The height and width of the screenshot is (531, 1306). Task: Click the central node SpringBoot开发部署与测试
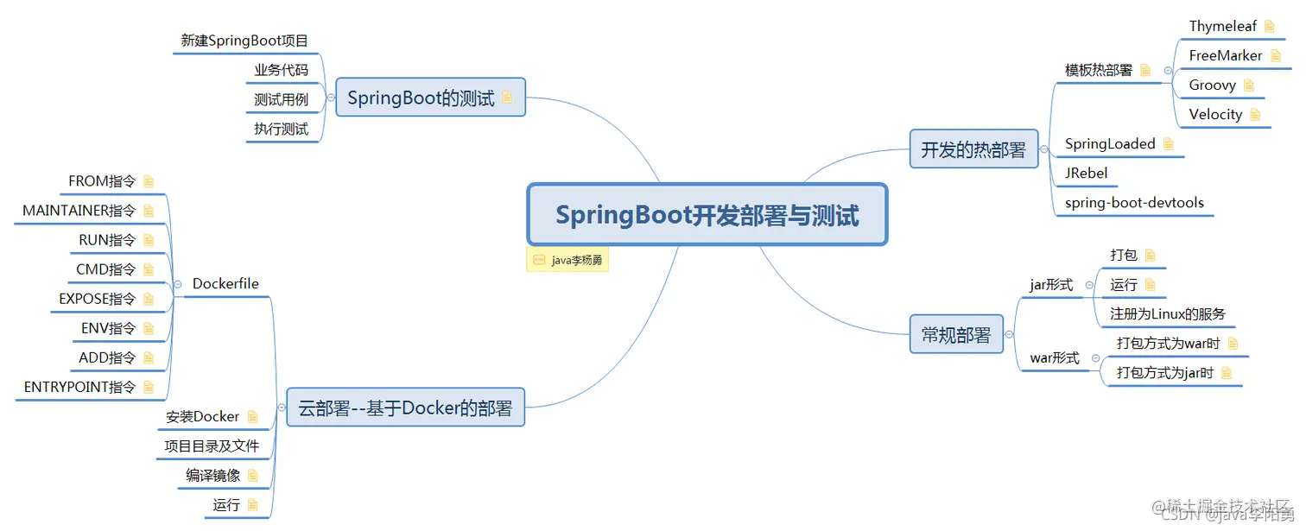[x=707, y=214]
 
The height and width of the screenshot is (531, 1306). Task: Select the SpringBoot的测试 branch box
[x=430, y=98]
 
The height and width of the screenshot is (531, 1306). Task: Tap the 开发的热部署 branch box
[x=973, y=149]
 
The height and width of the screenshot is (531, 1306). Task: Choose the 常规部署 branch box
[x=956, y=334]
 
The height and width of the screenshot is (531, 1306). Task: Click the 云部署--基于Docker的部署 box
[x=405, y=408]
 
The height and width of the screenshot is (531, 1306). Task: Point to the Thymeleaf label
[x=1222, y=26]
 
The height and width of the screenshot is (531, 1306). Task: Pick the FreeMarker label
[x=1225, y=55]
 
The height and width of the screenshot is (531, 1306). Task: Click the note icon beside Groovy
[x=1248, y=85]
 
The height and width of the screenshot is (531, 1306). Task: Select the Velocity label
[x=1215, y=114]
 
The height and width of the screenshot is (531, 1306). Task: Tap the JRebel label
[x=1087, y=173]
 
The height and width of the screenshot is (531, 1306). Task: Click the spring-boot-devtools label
[x=1134, y=203]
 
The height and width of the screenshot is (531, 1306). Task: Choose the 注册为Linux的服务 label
[x=1168, y=314]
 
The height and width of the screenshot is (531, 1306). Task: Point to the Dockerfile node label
[x=225, y=283]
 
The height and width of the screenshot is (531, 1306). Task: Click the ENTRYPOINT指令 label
[x=79, y=387]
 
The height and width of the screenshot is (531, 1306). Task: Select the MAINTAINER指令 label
[x=79, y=211]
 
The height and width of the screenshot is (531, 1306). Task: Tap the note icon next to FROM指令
[x=149, y=181]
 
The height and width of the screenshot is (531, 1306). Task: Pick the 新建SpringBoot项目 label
[x=244, y=41]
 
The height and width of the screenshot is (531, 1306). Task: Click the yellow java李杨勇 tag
[x=567, y=260]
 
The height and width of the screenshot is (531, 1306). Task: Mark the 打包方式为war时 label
[x=1168, y=344]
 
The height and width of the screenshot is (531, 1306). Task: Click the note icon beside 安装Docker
[x=252, y=416]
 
